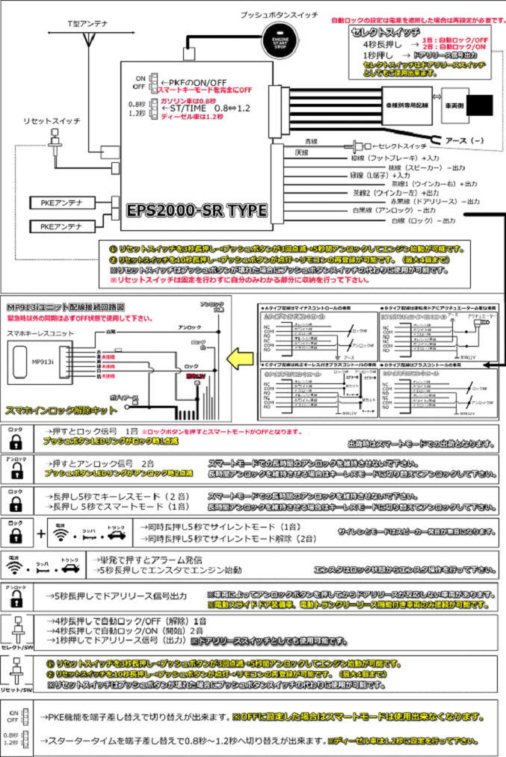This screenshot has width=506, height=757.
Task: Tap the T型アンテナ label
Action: (x=88, y=24)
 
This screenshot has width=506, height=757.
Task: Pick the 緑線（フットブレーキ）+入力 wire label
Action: (x=395, y=158)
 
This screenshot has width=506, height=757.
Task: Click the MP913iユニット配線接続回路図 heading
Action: (x=66, y=307)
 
